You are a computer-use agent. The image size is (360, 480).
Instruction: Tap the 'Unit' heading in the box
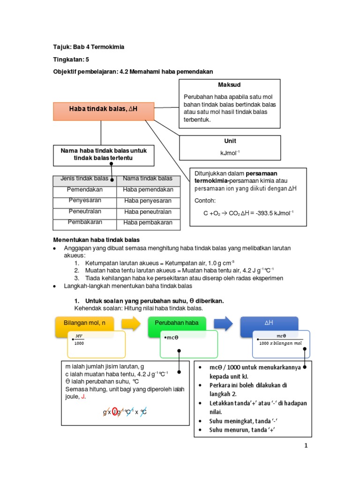230,141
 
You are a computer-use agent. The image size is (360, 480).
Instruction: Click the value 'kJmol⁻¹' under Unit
230,153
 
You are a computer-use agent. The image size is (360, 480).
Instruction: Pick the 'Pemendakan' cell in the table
85,189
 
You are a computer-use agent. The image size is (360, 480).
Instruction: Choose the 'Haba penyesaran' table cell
148,201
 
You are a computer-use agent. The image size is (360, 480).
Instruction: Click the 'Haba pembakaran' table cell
148,223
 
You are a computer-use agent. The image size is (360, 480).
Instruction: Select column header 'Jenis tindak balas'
84,179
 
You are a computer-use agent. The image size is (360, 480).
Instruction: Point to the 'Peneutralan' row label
85,211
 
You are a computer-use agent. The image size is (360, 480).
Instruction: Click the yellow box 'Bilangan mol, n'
84,323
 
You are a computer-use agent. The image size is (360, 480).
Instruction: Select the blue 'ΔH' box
269,323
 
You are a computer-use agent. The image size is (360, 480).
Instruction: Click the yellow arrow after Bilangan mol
131,323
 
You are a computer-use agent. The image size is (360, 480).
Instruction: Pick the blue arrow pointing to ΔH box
223,323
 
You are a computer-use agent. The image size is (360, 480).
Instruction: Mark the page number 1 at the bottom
306,446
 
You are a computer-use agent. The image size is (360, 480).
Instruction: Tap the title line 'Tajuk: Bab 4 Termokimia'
89,47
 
